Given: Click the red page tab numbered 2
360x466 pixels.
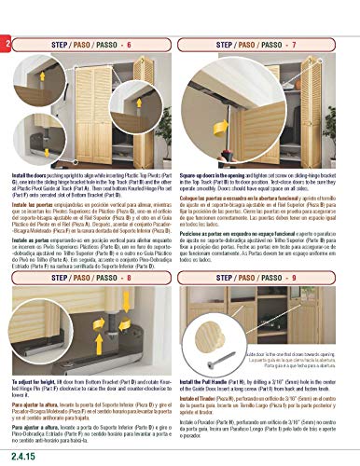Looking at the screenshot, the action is coord(7,43).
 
